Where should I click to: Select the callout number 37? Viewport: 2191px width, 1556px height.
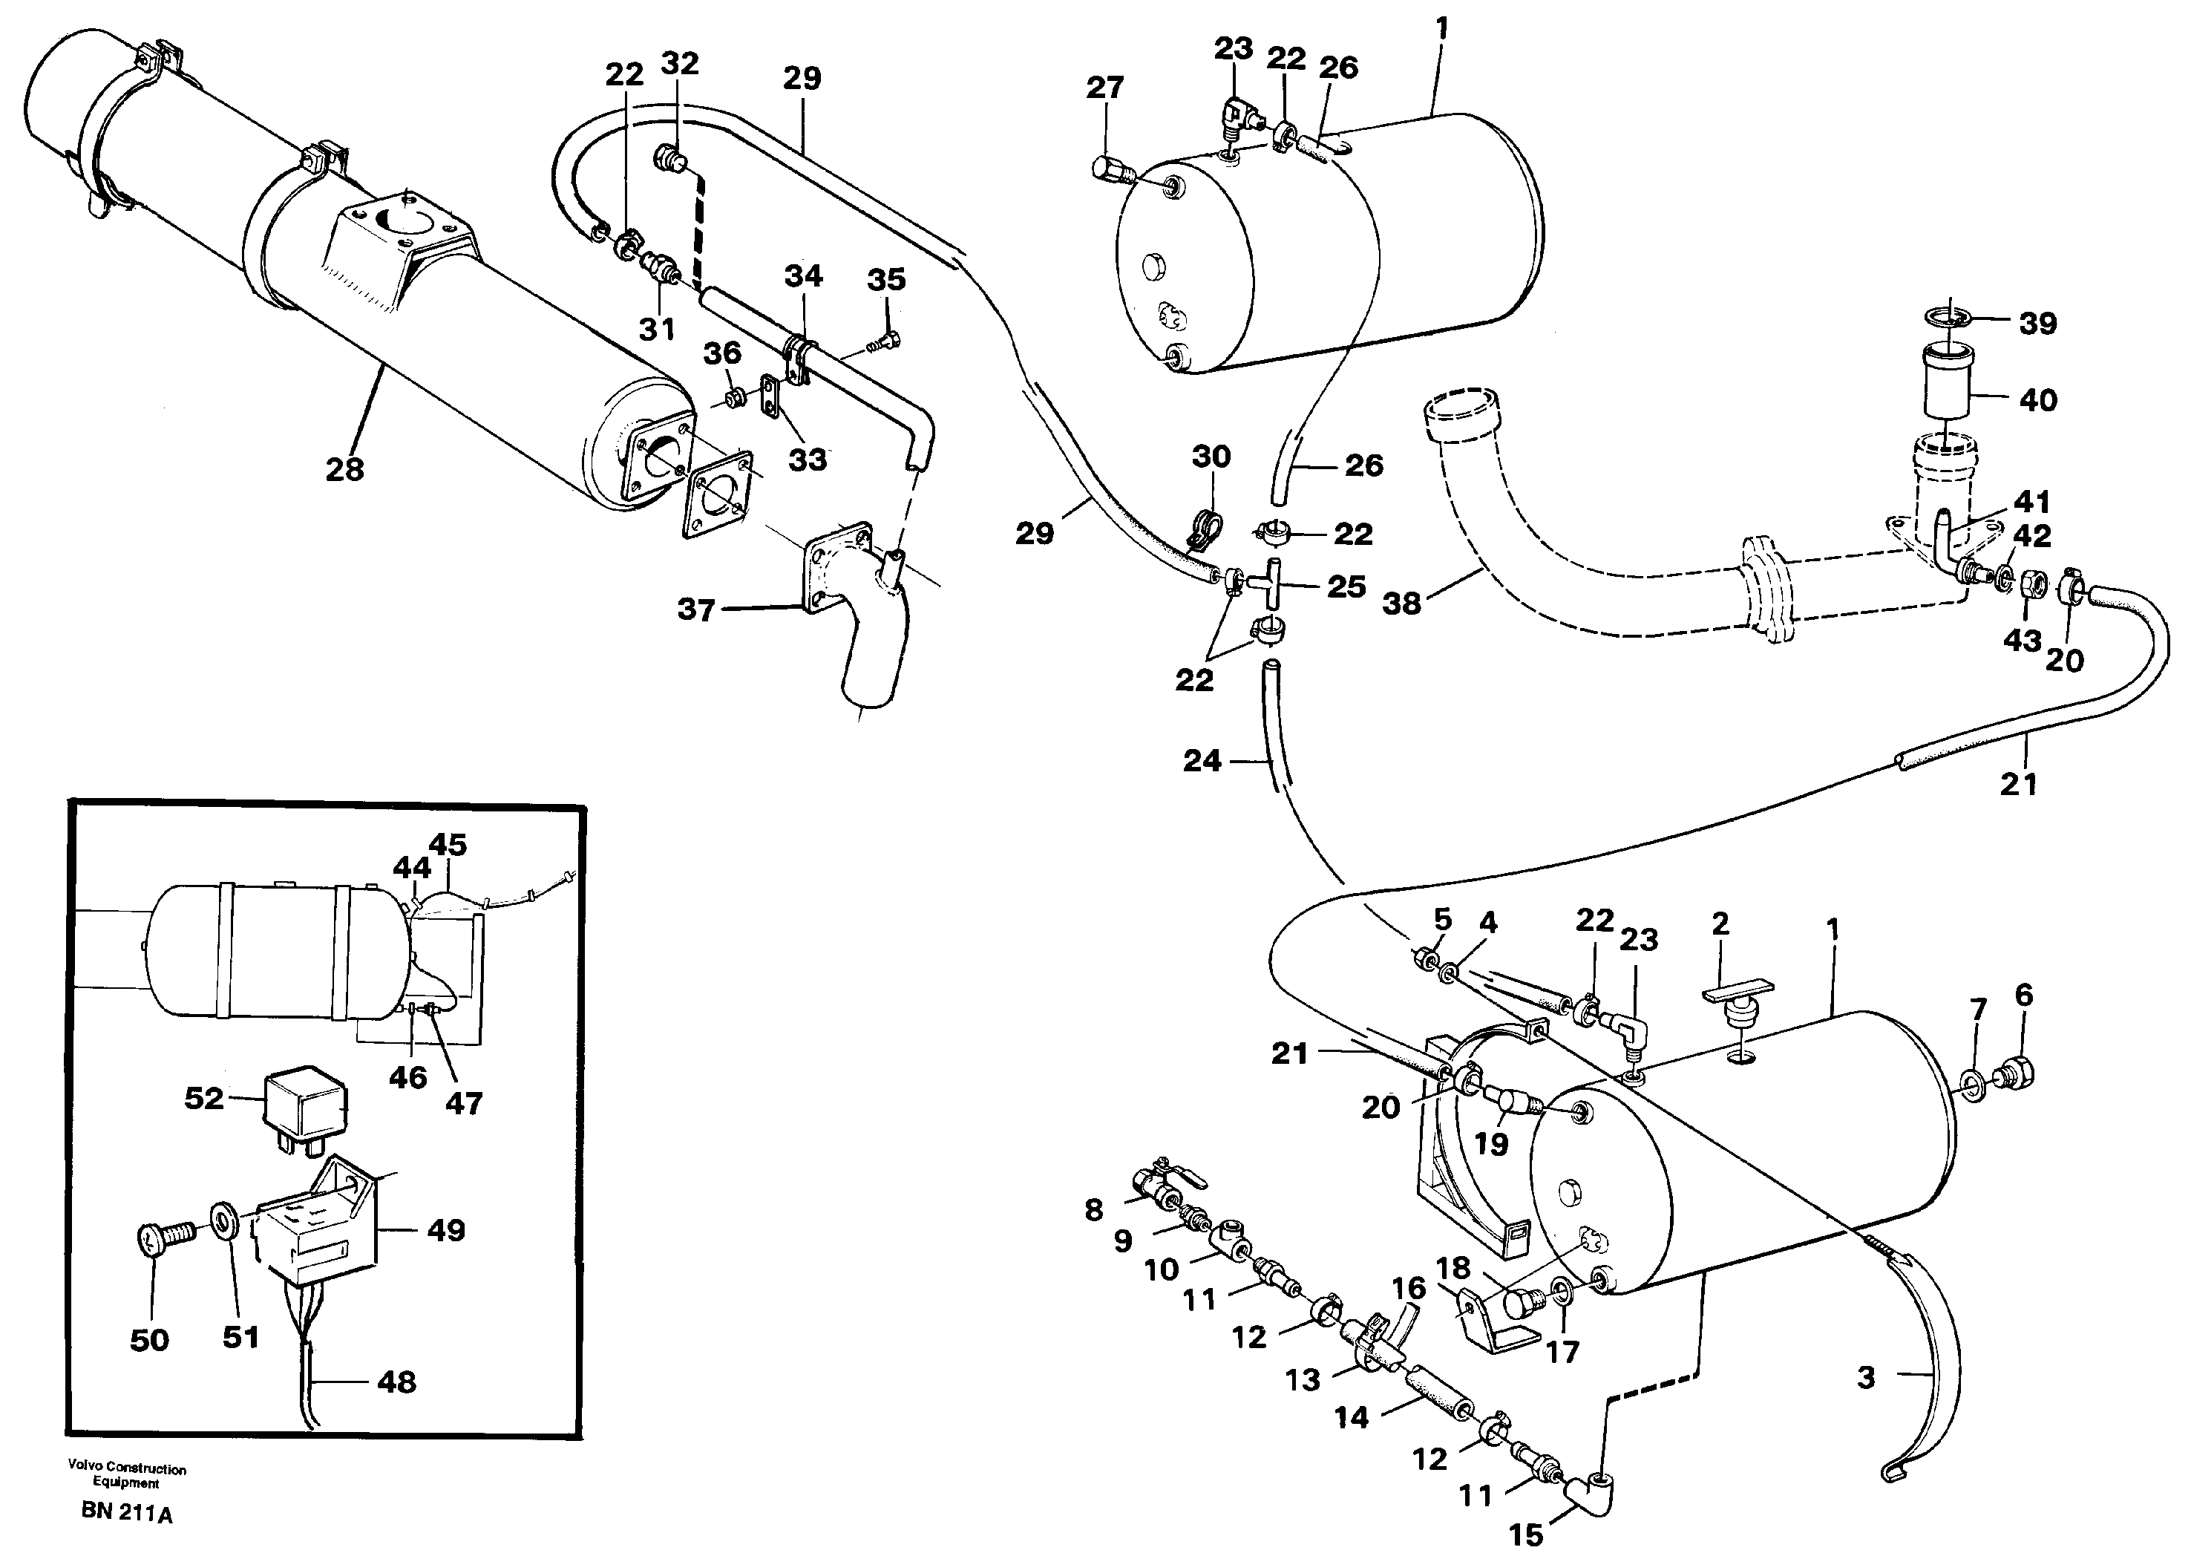point(696,609)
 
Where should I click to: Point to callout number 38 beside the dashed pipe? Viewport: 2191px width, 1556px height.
point(1401,604)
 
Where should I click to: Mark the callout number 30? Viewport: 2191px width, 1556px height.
point(1211,456)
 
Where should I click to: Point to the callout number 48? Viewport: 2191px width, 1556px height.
point(396,1382)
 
